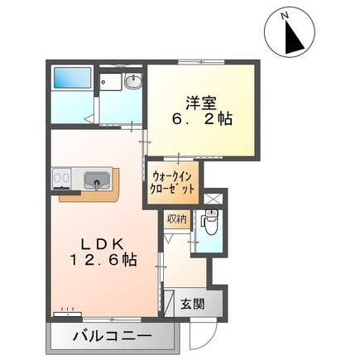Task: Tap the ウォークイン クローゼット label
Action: [x=174, y=181]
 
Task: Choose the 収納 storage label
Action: [x=175, y=218]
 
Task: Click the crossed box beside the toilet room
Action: [x=211, y=199]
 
